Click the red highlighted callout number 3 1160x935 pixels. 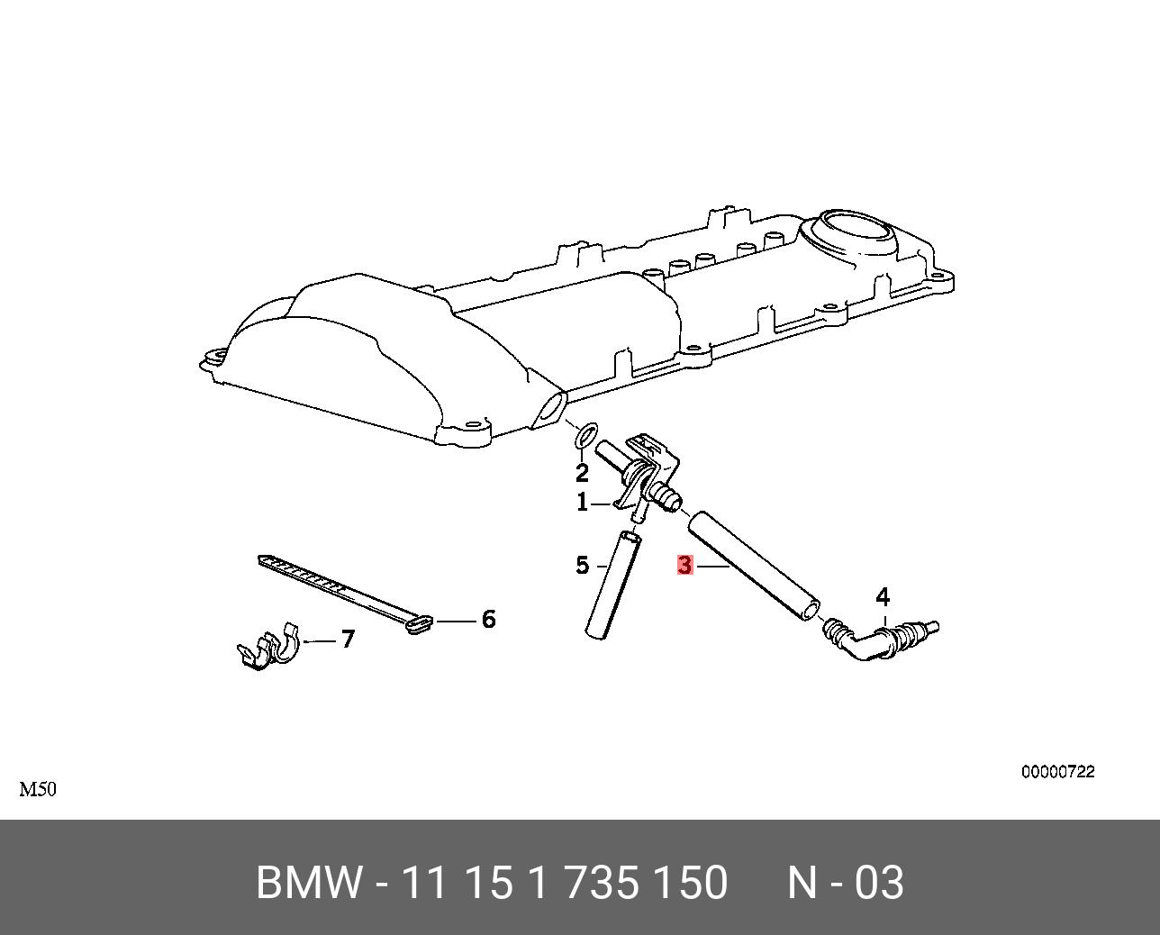tap(684, 566)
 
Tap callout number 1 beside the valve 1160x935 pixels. tap(582, 503)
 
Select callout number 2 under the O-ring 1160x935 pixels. tap(582, 472)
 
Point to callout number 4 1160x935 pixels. tap(883, 596)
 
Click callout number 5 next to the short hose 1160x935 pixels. tap(582, 566)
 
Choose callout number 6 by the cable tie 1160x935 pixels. tap(488, 620)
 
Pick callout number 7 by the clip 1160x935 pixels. tap(347, 640)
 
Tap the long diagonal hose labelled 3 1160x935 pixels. tap(754, 567)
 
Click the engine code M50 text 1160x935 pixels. tap(38, 790)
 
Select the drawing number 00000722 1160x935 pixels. tap(1057, 772)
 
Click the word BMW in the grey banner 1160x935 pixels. tap(309, 883)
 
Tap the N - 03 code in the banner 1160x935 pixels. tap(845, 883)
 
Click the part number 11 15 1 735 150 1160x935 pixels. tap(564, 883)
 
